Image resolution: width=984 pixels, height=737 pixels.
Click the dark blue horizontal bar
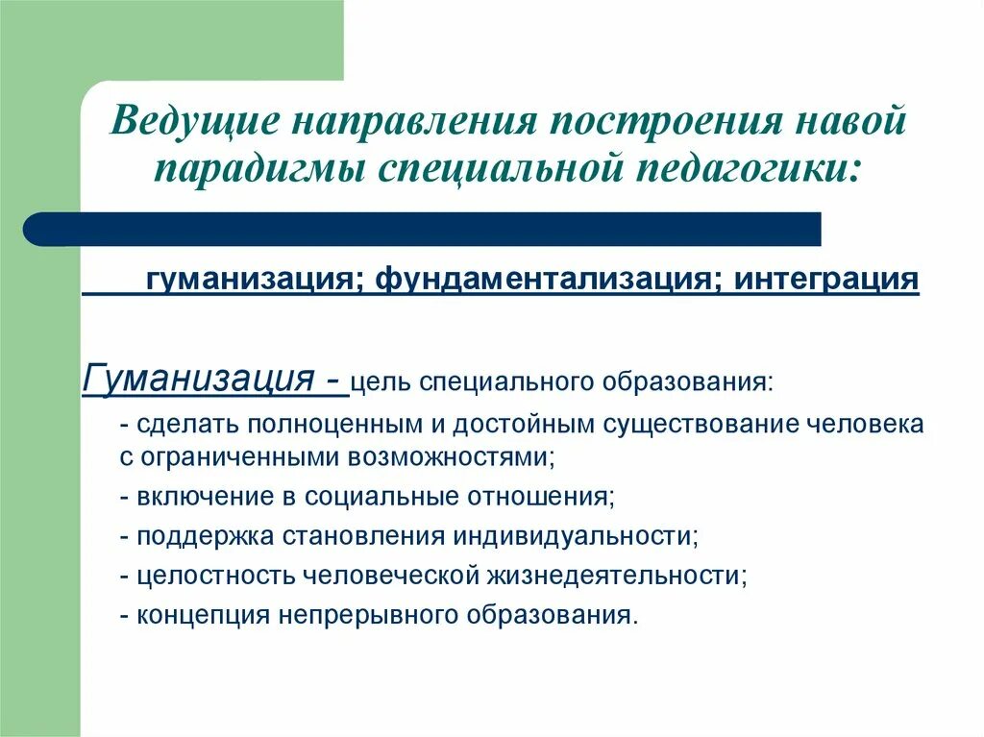point(423,229)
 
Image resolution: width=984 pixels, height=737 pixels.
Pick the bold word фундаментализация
point(549,280)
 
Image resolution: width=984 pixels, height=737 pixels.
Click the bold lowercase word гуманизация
point(253,280)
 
